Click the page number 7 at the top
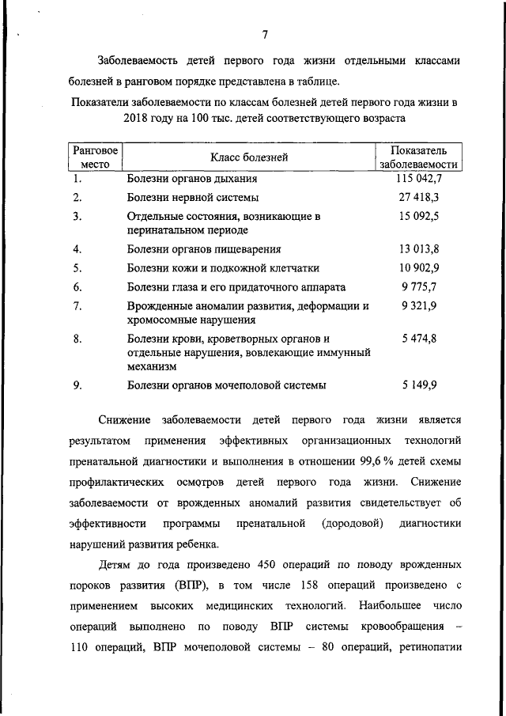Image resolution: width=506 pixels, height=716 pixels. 266,35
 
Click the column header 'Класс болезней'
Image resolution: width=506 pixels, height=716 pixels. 248,157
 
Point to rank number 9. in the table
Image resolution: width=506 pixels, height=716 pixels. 77,385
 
